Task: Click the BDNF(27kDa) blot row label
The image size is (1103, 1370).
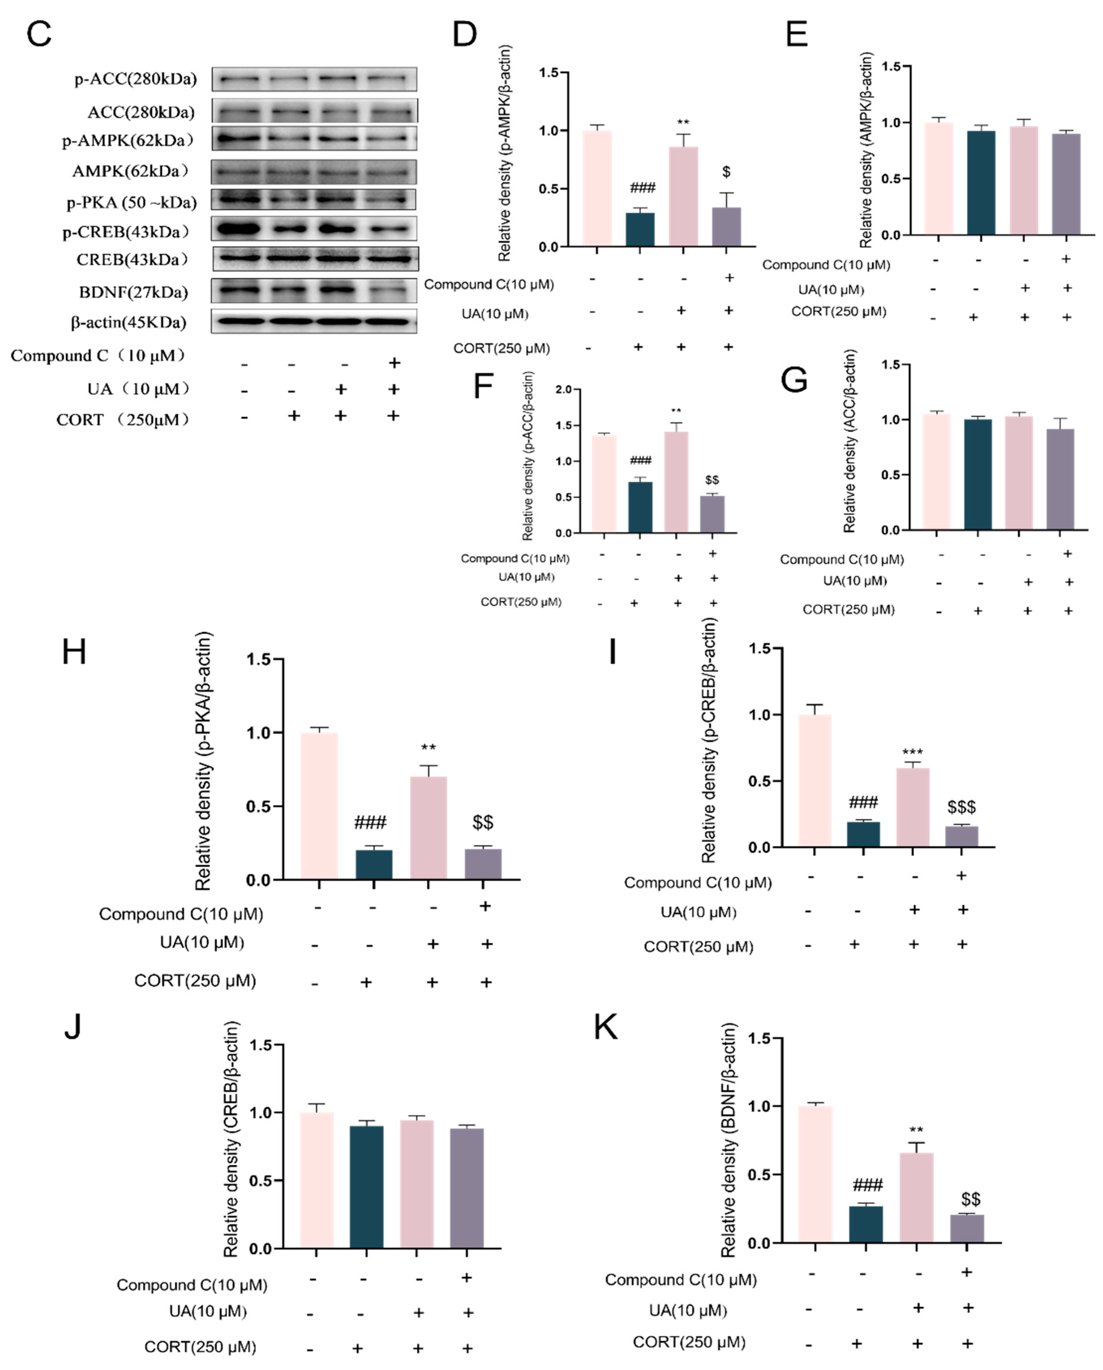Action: click(133, 292)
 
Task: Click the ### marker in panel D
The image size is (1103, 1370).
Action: click(642, 188)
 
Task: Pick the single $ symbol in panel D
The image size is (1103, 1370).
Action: click(726, 171)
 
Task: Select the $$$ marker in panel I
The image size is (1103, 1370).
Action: click(961, 807)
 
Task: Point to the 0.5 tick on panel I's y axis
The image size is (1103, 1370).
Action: click(760, 781)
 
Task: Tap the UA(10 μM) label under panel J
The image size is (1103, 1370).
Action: click(208, 1311)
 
